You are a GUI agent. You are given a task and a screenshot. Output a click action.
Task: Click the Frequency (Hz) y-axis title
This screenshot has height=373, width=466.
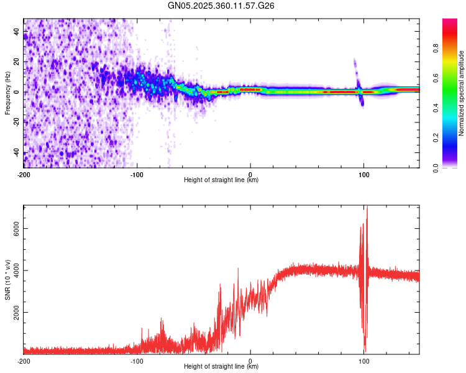click(8, 93)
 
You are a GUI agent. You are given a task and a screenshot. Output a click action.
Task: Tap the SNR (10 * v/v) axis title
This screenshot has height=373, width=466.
click(8, 279)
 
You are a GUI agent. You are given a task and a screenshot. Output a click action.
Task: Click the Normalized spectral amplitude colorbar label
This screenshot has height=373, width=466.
click(461, 93)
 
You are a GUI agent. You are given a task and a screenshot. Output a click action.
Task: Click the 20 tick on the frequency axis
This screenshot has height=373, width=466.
click(17, 62)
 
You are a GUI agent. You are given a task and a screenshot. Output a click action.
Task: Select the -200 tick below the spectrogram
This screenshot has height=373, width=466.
click(23, 173)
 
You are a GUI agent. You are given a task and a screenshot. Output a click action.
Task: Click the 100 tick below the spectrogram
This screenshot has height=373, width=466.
click(364, 173)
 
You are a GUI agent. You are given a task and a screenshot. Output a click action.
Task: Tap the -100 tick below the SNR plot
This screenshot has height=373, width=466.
click(137, 361)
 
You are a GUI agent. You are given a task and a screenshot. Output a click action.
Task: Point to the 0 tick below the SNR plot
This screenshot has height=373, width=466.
click(250, 361)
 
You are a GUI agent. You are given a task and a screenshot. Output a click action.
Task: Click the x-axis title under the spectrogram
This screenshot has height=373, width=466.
click(221, 180)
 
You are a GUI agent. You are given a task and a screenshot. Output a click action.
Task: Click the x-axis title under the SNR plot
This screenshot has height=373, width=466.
click(221, 367)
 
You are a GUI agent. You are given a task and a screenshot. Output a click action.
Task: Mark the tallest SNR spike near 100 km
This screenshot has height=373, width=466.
click(367, 209)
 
